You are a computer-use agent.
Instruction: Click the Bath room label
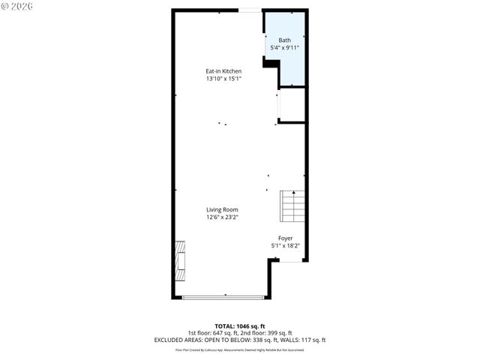tap(285, 40)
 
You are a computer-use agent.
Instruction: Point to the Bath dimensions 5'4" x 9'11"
tap(285, 48)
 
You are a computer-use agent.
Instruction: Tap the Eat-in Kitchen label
tap(223, 71)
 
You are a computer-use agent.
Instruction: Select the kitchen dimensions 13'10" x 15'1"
tap(223, 79)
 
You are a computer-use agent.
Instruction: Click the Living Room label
tap(223, 210)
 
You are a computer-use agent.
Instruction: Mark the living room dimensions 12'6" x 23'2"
tap(223, 217)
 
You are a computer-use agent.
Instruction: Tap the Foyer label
tap(285, 238)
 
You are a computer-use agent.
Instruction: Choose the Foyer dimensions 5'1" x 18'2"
tap(285, 246)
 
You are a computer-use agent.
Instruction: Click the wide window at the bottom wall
tap(223, 298)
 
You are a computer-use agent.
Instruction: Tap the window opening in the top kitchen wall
tap(250, 10)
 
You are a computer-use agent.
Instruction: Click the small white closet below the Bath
tap(292, 106)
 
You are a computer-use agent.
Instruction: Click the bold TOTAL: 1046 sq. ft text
tap(240, 326)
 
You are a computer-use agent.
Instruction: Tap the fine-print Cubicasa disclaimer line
tap(240, 349)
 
